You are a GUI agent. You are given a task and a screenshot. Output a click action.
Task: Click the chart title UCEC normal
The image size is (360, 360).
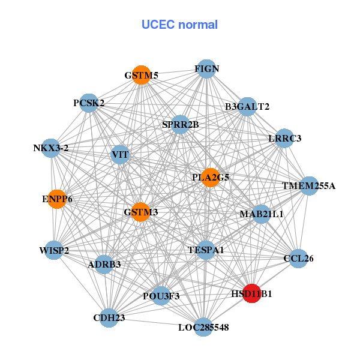[x=179, y=25]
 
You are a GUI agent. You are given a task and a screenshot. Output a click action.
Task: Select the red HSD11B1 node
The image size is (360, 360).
[x=251, y=293]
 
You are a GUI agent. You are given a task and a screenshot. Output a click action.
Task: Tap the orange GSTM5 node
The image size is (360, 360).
[x=142, y=75]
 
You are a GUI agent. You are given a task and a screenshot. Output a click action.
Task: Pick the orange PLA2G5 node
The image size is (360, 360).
[x=210, y=177]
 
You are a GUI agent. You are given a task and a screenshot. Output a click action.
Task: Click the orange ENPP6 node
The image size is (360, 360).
[x=57, y=199]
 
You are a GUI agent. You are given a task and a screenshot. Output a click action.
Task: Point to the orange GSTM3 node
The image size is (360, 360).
[x=140, y=212]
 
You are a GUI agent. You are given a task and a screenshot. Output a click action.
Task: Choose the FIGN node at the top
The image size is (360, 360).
[x=206, y=69]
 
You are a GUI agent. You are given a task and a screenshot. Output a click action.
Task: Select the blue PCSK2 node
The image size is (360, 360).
[x=89, y=103]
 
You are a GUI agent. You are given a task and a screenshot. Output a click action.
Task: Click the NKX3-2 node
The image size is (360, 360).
[x=51, y=148]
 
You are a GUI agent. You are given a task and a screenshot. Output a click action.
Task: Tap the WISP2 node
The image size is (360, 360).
[x=54, y=250]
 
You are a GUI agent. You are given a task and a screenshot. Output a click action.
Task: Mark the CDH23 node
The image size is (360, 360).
[x=109, y=317]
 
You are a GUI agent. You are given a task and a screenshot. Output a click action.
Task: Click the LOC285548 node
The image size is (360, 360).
[x=203, y=327]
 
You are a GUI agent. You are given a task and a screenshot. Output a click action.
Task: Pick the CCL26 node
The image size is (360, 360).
[x=298, y=259]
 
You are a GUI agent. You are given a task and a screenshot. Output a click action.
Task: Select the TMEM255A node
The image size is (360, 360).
[x=308, y=186]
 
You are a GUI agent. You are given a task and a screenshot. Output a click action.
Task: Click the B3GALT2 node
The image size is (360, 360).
[x=247, y=107]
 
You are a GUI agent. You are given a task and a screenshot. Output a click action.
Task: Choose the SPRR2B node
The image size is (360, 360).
[x=180, y=125]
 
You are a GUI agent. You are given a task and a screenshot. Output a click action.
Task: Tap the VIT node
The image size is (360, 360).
[x=120, y=155]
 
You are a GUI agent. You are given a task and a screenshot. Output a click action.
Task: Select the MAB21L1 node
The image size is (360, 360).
[x=261, y=214]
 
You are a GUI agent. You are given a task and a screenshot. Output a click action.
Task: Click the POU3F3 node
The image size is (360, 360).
[x=161, y=295]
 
